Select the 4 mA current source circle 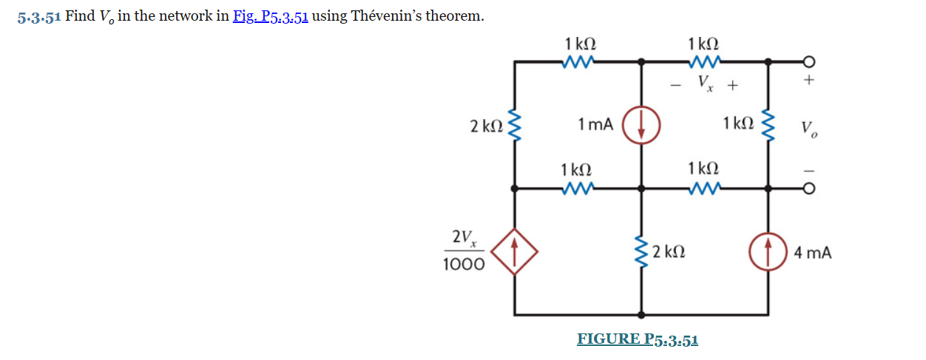tap(768, 253)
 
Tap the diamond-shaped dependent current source tap(514, 252)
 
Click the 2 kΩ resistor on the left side tap(516, 126)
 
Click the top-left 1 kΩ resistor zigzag tap(577, 64)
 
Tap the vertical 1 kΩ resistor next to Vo tap(768, 126)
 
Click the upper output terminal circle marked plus tap(809, 62)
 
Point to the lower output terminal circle tap(809, 190)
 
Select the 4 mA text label tap(812, 254)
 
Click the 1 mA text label tap(595, 124)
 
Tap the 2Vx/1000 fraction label tap(464, 251)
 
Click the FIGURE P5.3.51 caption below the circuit tap(637, 339)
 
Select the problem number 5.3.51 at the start tap(38, 17)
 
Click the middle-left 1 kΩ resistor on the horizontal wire tap(577, 190)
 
